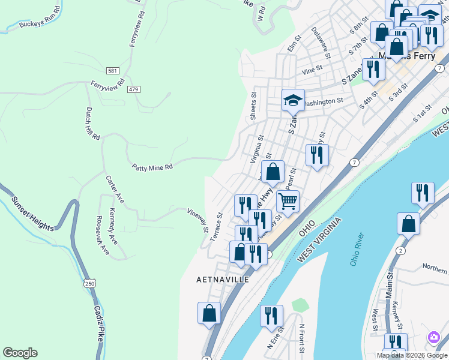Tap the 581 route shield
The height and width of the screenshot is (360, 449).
point(113,71)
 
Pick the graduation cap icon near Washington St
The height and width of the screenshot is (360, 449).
point(293,100)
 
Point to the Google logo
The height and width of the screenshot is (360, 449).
point(20,353)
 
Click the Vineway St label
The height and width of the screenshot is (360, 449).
point(197,220)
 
